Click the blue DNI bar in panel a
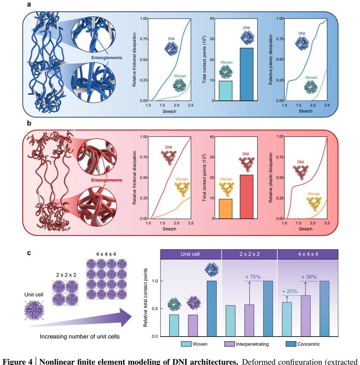point(247,74)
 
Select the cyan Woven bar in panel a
point(226,91)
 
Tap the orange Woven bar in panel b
point(226,209)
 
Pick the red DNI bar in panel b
point(247,197)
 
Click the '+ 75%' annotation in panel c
point(253,277)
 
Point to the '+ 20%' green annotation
point(289,291)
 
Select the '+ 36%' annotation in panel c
point(309,277)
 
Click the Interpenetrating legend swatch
point(230,344)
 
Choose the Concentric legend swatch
point(291,344)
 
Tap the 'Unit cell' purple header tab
point(191,254)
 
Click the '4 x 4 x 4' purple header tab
point(308,254)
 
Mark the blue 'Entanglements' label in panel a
point(107,58)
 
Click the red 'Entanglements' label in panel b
point(107,180)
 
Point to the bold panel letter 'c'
point(29,253)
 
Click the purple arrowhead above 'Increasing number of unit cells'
point(125,317)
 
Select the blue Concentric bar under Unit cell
point(212,309)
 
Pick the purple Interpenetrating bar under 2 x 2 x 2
point(249,321)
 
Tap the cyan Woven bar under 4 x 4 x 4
point(287,320)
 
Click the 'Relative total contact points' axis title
point(145,298)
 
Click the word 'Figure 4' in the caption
point(18,362)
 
